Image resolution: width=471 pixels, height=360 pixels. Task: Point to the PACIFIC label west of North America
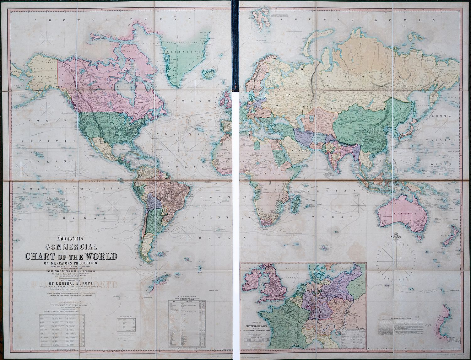click(x=36, y=142)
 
